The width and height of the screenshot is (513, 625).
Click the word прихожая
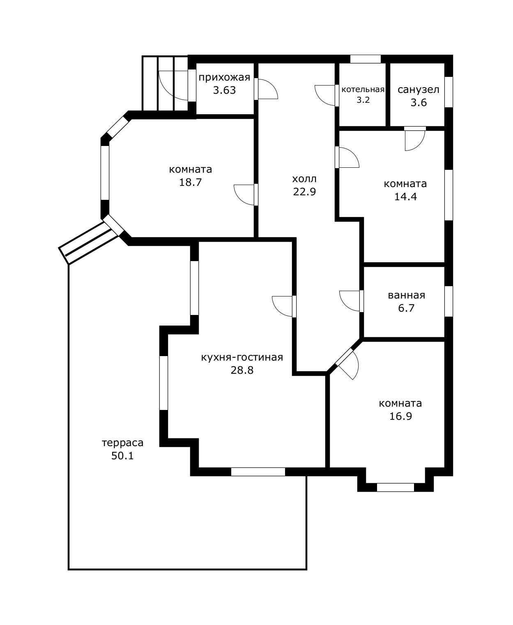click(224, 78)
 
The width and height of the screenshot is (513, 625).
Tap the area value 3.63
click(224, 90)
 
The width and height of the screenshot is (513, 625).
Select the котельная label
click(363, 90)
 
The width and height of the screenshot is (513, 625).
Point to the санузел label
click(418, 90)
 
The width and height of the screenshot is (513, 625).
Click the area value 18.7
click(190, 182)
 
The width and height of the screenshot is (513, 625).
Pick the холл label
click(304, 179)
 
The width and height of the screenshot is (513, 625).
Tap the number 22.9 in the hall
click(305, 192)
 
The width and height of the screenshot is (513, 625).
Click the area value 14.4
click(405, 197)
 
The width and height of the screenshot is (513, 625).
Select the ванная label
click(407, 295)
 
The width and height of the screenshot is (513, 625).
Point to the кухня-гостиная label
click(242, 357)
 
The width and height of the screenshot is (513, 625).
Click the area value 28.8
click(242, 370)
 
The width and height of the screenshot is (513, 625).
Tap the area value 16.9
click(400, 416)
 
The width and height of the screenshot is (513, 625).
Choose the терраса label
click(122, 443)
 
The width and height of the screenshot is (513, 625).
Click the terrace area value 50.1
click(122, 456)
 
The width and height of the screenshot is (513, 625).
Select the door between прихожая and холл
click(266, 89)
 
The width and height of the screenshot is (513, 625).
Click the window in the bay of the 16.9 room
click(395, 487)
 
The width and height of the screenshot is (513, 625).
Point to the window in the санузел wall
click(449, 92)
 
